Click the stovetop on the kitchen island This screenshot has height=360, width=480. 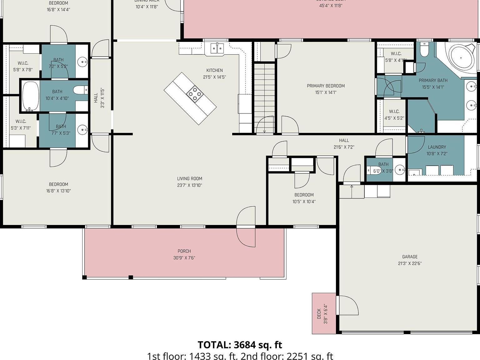[195, 93]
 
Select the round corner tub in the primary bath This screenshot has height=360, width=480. [461, 57]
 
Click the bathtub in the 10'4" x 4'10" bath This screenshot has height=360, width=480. [30, 96]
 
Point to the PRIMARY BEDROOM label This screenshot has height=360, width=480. [326, 86]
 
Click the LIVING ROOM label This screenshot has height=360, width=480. [189, 179]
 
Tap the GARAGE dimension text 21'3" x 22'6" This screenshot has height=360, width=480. [410, 263]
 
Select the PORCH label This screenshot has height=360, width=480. [184, 251]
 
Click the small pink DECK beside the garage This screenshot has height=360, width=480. [324, 313]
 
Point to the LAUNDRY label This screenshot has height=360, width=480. [437, 147]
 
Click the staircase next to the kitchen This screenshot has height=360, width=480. [264, 94]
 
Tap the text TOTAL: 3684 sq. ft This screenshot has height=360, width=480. [240, 345]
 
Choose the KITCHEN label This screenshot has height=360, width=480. [214, 71]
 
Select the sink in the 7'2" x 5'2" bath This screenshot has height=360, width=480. [83, 62]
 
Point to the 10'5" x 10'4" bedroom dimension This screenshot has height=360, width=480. [304, 202]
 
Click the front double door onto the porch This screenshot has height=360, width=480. [246, 226]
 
